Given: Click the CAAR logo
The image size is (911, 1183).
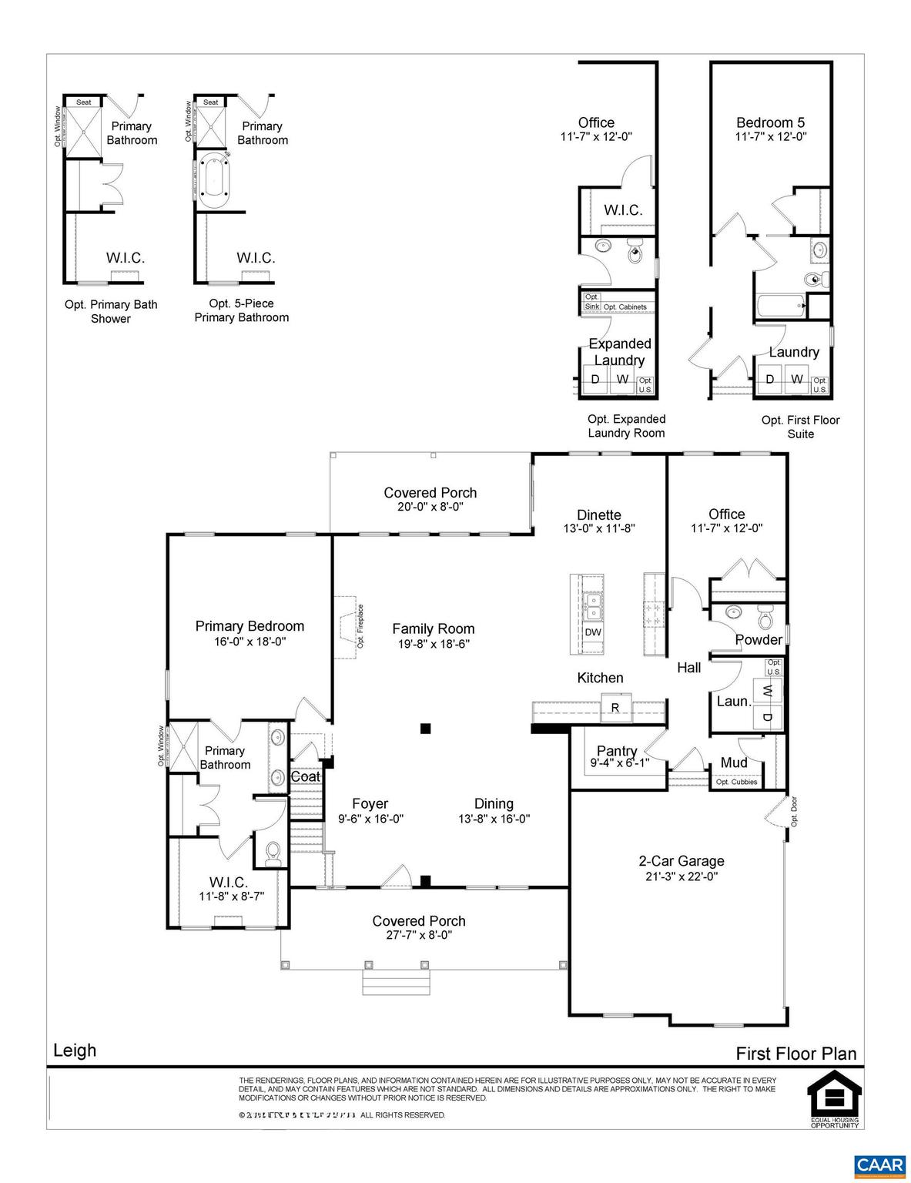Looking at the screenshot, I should [883, 1164].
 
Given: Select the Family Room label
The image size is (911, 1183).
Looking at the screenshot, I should [434, 628].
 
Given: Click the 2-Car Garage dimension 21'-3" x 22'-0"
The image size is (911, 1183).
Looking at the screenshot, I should [682, 876].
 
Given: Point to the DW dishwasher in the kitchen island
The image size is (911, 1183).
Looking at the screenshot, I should [592, 632].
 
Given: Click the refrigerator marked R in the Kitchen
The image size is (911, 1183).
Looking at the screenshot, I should [615, 707].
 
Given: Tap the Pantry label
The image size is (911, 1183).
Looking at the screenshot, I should [617, 750].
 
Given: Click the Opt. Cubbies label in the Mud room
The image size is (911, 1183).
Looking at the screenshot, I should [736, 782].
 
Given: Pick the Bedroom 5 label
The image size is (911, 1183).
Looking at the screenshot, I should [770, 122].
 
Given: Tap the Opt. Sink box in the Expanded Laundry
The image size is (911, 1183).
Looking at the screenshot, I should [591, 301].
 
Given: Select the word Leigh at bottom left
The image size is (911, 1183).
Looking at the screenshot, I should [75, 1050].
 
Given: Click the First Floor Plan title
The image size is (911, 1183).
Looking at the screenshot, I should [795, 1053].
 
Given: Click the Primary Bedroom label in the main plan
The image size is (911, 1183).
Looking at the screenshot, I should [250, 626].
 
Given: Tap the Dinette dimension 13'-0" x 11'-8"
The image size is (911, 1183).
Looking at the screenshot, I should [599, 529].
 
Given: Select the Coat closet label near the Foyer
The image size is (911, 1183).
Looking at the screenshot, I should [305, 776].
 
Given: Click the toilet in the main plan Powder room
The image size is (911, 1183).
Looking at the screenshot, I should [765, 618].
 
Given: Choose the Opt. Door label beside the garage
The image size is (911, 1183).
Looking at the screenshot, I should [794, 811].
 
